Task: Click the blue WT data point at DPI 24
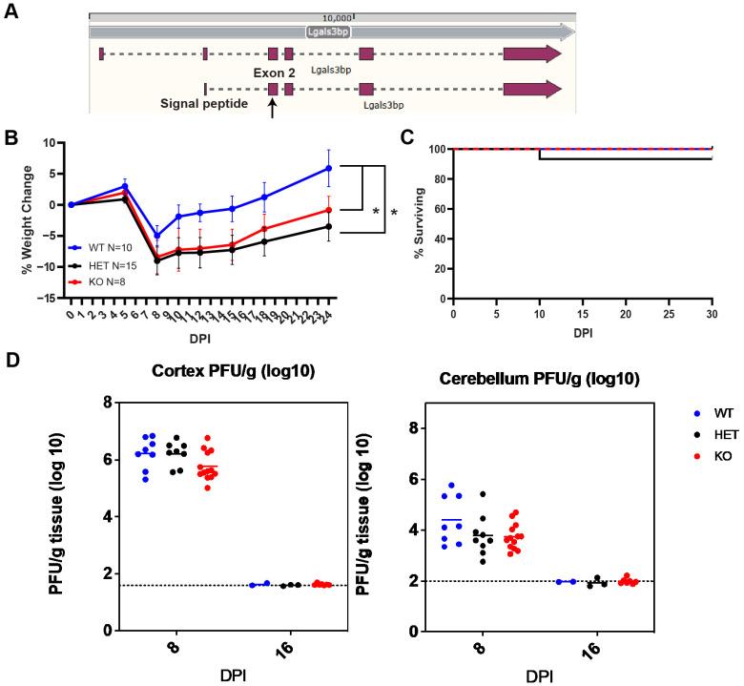[x=329, y=168]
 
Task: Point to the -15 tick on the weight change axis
[x=43, y=298]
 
